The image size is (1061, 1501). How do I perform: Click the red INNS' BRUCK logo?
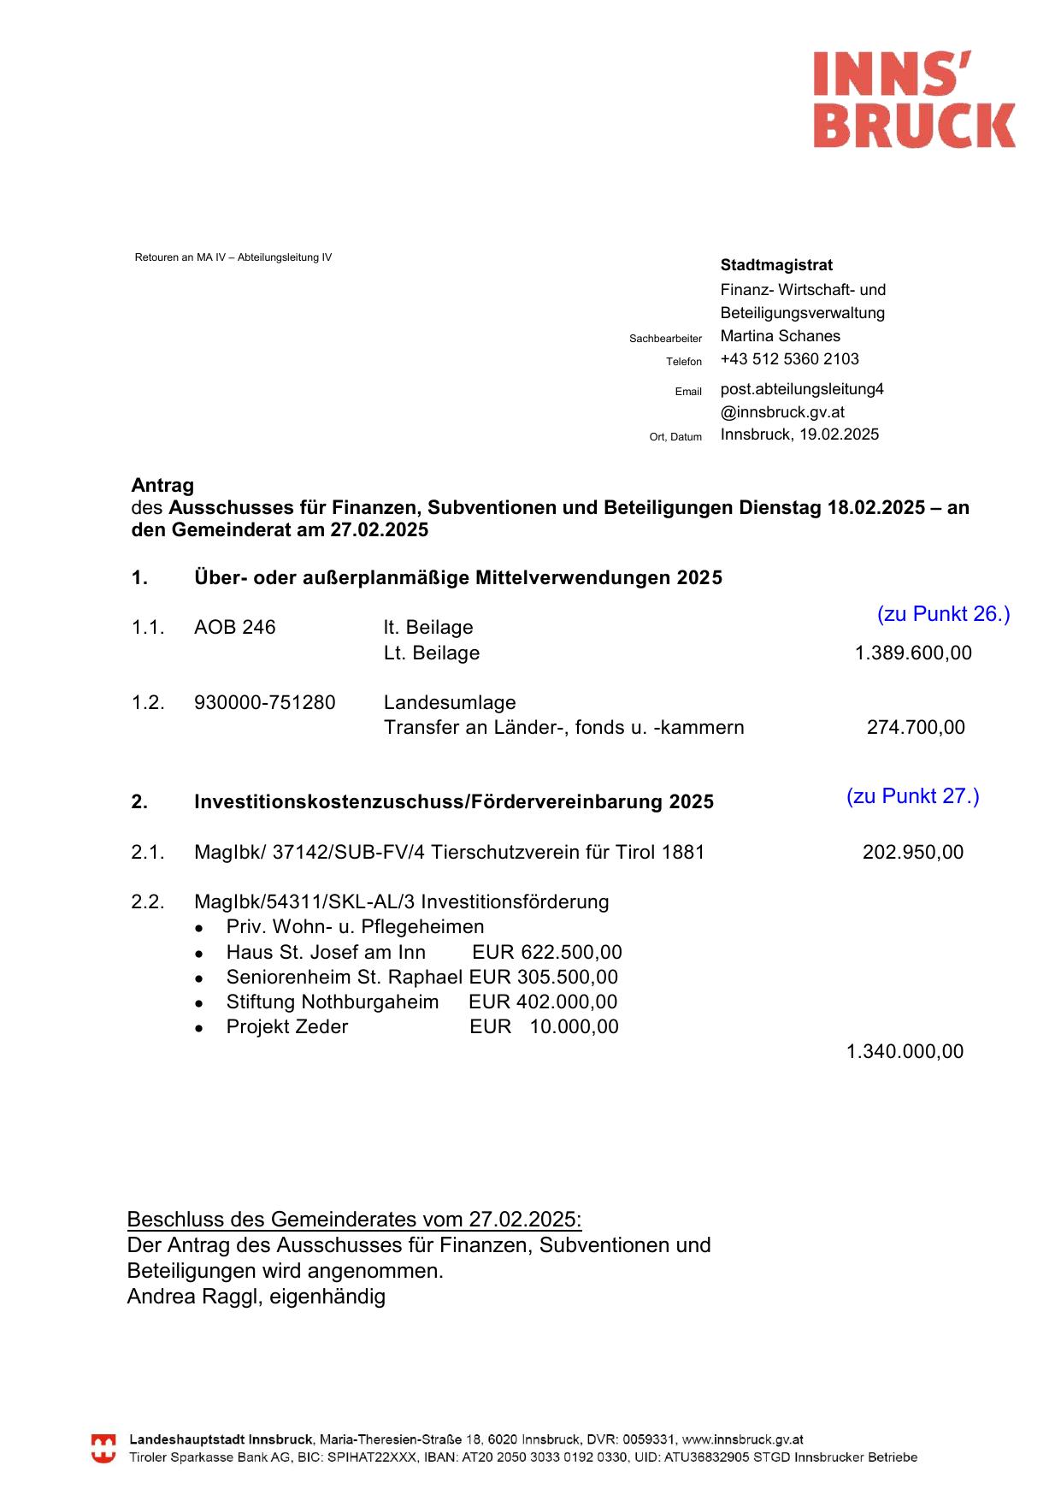913,99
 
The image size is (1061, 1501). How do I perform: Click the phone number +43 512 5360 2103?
789,359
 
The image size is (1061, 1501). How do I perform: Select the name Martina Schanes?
780,336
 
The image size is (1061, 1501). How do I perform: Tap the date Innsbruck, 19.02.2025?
799,434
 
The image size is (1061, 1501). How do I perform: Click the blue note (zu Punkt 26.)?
943,614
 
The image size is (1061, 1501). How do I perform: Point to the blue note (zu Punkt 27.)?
912,796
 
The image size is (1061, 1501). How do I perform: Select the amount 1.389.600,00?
912,653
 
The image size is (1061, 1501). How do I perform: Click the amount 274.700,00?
915,728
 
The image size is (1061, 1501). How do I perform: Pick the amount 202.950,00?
912,853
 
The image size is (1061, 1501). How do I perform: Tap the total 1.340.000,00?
904,1052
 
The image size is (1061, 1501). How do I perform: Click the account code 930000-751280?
264,703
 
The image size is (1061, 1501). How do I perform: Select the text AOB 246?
234,628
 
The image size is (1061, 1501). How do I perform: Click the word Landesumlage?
450,703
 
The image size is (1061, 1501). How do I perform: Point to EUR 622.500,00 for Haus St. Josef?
546,953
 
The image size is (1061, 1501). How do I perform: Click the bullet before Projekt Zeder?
199,1029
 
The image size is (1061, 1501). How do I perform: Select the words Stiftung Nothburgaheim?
332,1002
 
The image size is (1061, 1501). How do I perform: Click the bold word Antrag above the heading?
162,486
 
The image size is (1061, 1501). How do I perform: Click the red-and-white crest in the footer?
103,1449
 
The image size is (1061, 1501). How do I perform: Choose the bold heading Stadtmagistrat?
775,265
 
